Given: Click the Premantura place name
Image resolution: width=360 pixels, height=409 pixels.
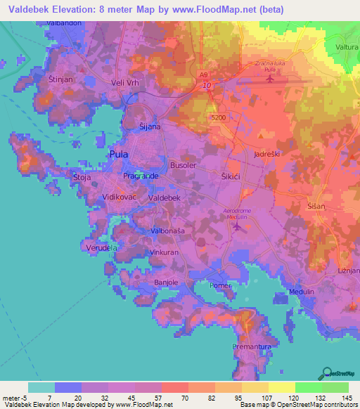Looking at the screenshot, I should (x=252, y=347).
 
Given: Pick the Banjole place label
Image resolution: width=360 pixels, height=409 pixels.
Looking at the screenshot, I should (x=167, y=283).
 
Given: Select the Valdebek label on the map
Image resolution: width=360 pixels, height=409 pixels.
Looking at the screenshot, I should (x=165, y=199).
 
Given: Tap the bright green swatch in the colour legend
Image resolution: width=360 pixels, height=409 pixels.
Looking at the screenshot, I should (x=308, y=387).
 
